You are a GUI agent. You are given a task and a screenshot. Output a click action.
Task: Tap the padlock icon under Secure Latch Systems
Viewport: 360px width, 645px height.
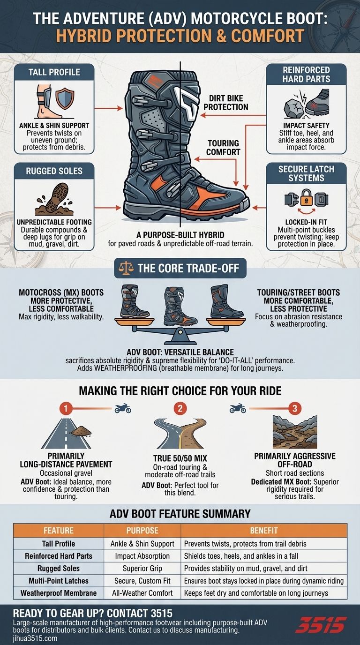coord(306,199)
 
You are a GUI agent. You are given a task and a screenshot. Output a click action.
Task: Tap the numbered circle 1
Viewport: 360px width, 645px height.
coord(67,408)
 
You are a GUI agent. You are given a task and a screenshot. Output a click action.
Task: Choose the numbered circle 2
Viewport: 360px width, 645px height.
coord(180,408)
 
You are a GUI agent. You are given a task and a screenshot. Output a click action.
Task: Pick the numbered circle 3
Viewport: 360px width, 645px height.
coord(294,408)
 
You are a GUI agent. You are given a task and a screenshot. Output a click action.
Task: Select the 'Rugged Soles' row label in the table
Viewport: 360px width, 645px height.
coord(59,569)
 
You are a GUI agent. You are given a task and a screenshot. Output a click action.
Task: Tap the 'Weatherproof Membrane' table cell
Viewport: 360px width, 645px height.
coord(59,593)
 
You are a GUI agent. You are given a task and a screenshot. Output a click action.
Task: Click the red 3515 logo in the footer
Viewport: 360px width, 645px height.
coord(323,625)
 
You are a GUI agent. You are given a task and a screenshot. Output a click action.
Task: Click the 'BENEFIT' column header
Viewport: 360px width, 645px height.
coord(263,531)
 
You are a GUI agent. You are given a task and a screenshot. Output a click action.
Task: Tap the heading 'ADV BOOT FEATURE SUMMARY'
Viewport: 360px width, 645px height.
coord(180,514)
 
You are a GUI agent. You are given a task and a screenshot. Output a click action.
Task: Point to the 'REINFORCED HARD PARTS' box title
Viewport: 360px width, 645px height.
coord(306,75)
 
